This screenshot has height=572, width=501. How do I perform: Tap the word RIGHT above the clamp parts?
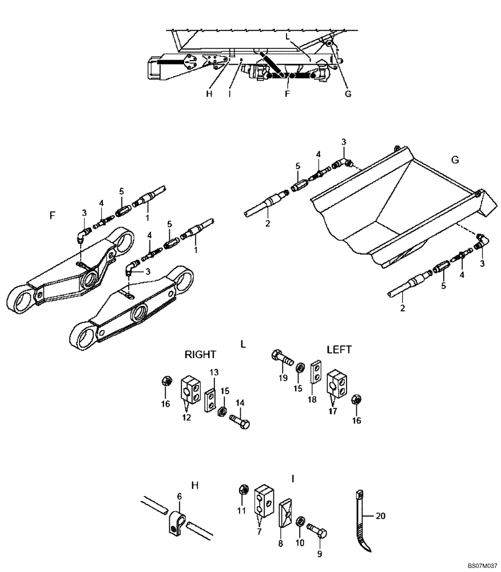pos(201,355)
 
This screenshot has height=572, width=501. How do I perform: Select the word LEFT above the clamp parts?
pos(339,349)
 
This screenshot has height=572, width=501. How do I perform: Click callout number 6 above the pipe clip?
pos(178,498)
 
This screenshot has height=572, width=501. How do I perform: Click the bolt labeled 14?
pos(240,424)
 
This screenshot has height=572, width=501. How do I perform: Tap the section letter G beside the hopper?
pos(455,160)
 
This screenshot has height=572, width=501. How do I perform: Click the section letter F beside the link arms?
pos(53,216)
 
